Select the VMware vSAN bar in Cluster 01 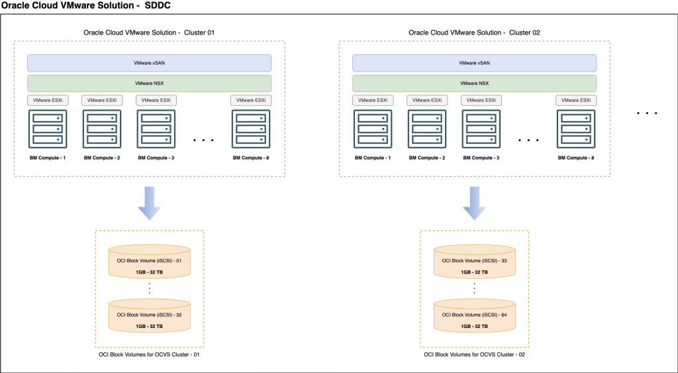(150, 63)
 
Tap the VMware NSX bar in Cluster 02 (474, 83)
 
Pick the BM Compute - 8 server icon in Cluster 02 (575, 129)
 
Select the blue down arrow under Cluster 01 (150, 203)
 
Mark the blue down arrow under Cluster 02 (474, 203)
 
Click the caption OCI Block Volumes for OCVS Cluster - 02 (474, 355)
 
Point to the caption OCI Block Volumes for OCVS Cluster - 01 (150, 355)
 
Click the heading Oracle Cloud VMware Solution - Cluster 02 (474, 32)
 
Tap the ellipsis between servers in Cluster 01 (203, 140)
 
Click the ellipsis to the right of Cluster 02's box (647, 113)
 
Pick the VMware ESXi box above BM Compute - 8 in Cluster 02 (575, 100)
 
